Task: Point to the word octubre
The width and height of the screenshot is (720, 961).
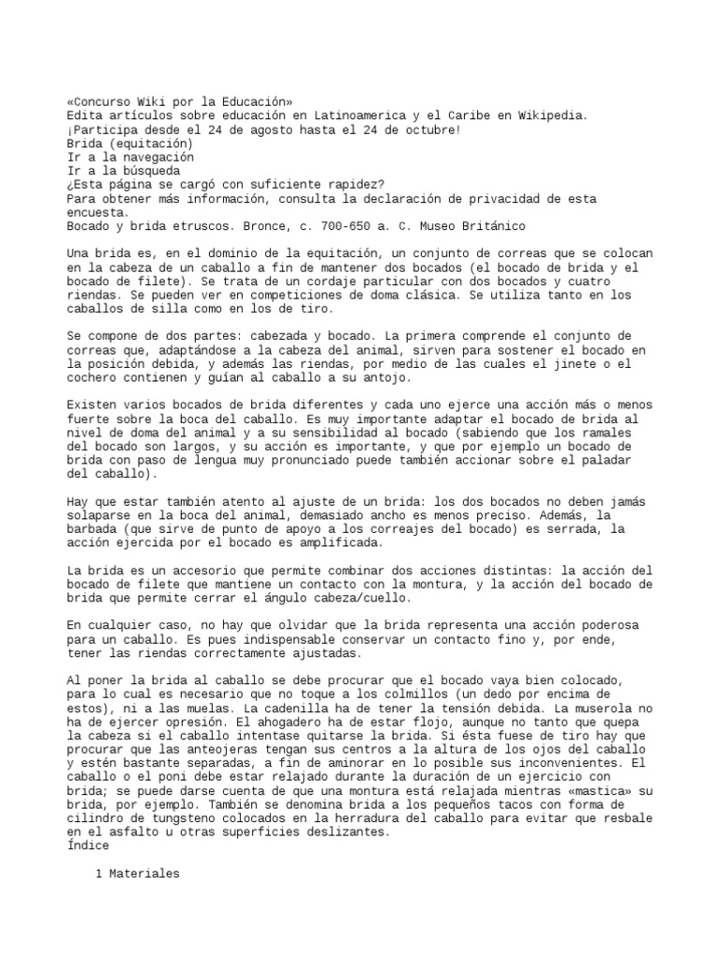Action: pos(428,129)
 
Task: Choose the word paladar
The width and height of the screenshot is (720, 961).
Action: pos(618,461)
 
